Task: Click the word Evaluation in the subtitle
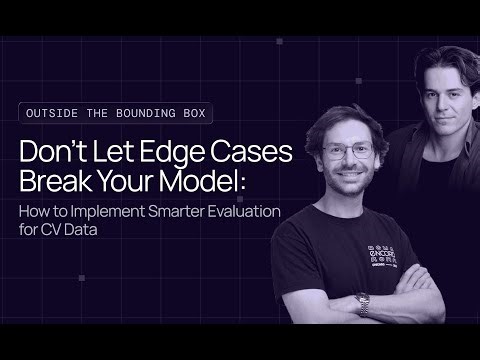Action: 269,211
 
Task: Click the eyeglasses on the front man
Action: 348,153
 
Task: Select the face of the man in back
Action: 414,94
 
